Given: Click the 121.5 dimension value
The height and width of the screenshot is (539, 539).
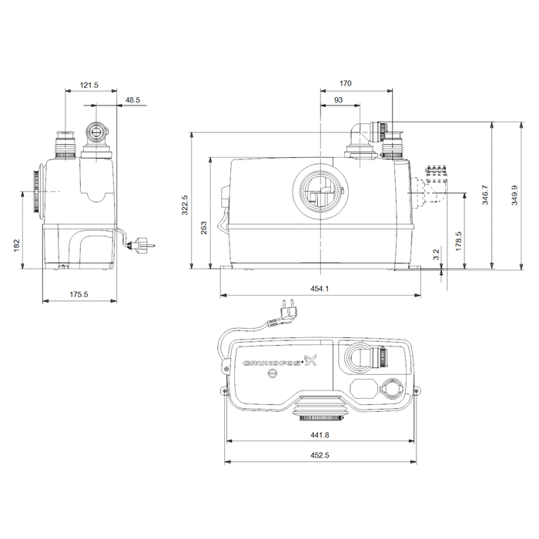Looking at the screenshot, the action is click(89, 85).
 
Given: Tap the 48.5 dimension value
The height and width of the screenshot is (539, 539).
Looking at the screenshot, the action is click(132, 100).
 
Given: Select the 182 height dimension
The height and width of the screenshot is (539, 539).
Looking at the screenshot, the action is click(16, 245).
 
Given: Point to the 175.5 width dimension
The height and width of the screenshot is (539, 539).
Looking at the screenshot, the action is click(79, 295).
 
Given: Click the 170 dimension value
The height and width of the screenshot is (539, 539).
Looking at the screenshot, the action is click(346, 83).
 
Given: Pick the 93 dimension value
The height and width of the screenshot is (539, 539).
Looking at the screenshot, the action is click(338, 100).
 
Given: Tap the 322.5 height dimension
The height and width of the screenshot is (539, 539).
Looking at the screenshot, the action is click(185, 206).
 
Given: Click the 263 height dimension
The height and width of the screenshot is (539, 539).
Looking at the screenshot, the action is click(204, 228).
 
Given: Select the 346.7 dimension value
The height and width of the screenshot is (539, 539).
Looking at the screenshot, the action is click(484, 195).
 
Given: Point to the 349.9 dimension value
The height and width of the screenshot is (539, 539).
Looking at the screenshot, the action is click(514, 195).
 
